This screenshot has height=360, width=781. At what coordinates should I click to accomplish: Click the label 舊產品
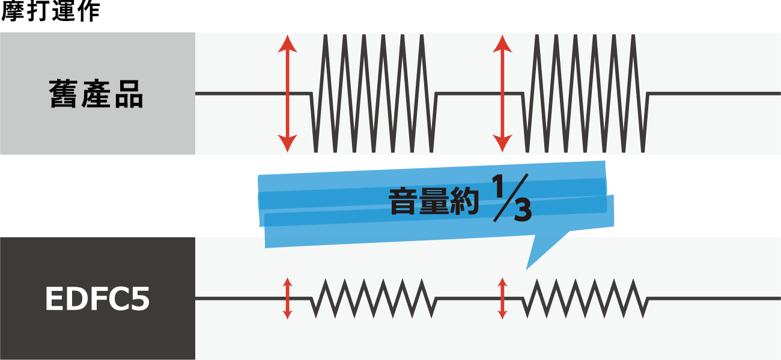(x=96, y=94)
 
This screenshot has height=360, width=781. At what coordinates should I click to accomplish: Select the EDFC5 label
(x=97, y=299)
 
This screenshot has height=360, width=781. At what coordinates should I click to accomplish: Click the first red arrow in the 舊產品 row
(x=287, y=94)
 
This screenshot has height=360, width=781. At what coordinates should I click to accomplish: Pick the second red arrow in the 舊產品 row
(x=502, y=94)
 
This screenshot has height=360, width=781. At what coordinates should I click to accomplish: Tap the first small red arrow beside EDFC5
(x=287, y=298)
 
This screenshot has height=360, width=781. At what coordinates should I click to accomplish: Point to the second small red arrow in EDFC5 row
(x=502, y=298)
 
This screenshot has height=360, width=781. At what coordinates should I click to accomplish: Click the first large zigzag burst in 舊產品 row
(x=374, y=94)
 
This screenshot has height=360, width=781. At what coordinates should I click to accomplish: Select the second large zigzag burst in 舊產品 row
(x=586, y=94)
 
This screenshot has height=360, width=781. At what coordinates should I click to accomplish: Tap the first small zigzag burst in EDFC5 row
(x=374, y=298)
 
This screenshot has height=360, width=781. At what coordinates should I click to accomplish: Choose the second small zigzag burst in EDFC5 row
(x=586, y=298)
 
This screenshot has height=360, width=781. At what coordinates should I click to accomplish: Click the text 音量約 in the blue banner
(x=434, y=201)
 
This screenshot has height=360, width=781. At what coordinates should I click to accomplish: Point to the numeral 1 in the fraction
(x=498, y=186)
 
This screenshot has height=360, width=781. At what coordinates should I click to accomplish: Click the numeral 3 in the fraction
(x=523, y=210)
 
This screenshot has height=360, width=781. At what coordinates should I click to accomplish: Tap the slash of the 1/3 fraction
(x=511, y=198)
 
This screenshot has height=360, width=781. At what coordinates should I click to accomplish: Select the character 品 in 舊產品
(x=129, y=94)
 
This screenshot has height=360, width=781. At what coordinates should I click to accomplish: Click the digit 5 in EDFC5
(x=140, y=299)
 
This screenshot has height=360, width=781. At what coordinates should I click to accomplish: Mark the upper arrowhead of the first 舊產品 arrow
(x=287, y=43)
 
